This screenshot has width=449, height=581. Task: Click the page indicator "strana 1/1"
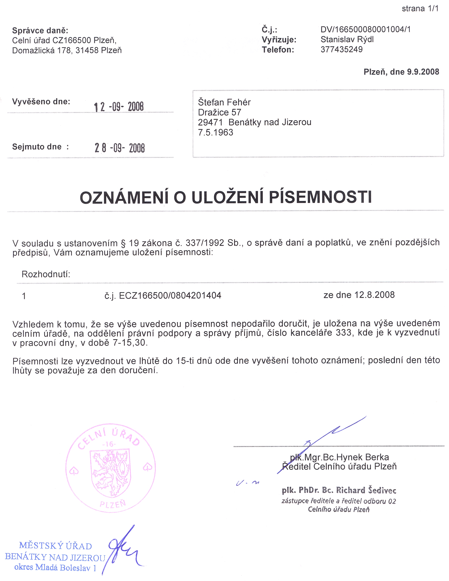pyautogui.click(x=420, y=9)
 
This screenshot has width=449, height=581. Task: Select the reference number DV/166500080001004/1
pyautogui.click(x=365, y=29)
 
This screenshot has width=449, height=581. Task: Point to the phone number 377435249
pyautogui.click(x=342, y=50)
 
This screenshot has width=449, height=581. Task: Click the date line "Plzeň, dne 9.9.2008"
pyautogui.click(x=401, y=72)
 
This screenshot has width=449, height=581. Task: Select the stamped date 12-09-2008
pyautogui.click(x=119, y=107)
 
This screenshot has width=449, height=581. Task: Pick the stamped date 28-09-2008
pyautogui.click(x=120, y=148)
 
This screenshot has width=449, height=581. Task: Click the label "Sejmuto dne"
pyautogui.click(x=37, y=147)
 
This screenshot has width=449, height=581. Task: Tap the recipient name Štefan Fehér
pyautogui.click(x=224, y=102)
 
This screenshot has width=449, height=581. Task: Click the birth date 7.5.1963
pyautogui.click(x=215, y=133)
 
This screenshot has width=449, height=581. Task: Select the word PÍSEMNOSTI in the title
pyautogui.click(x=320, y=197)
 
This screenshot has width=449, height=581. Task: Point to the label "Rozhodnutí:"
pyautogui.click(x=46, y=274)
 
